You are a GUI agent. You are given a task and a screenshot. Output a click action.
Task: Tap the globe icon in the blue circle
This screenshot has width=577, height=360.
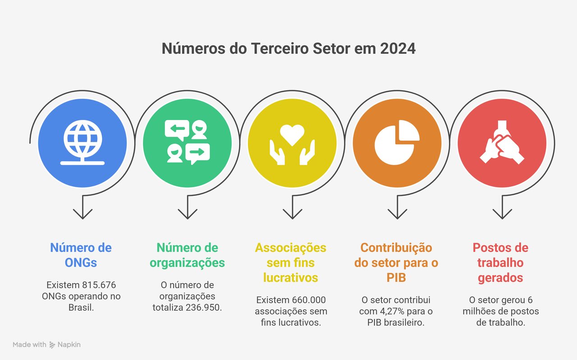(x=82, y=143)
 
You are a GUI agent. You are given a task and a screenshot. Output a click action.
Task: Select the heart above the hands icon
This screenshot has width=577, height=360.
(x=292, y=135)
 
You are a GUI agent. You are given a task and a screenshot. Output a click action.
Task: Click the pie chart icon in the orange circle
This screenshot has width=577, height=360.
(x=397, y=143)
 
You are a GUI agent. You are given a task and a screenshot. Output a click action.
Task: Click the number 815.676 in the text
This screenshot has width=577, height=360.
(x=99, y=285)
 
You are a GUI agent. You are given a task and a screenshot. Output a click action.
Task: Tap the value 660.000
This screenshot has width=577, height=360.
(x=309, y=300)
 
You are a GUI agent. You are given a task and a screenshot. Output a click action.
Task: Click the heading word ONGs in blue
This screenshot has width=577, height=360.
(x=81, y=263)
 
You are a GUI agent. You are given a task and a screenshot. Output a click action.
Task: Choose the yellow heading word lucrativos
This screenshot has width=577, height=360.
(x=291, y=278)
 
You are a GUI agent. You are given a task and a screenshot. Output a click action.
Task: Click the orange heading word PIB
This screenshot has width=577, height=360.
(x=396, y=278)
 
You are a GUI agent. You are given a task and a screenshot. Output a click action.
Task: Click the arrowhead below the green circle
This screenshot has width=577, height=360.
(x=188, y=214)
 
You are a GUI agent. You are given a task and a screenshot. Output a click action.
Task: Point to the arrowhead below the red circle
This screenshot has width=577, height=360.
(x=502, y=214)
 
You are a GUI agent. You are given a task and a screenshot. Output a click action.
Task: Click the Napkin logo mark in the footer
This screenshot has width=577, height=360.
(x=52, y=345)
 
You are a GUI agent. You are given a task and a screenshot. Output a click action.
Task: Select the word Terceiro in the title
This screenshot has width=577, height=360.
(x=280, y=48)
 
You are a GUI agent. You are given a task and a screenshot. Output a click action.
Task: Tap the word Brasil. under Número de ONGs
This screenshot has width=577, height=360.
(x=81, y=307)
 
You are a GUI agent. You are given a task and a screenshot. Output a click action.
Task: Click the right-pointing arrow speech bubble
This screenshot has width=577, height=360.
(x=197, y=153)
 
